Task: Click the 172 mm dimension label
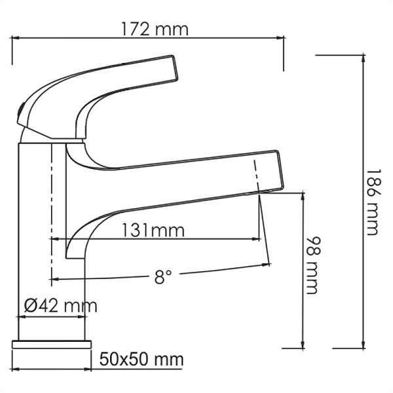pyautogui.click(x=155, y=29)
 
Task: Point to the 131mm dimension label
pyautogui.click(x=153, y=231)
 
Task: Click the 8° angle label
pyautogui.click(x=163, y=277)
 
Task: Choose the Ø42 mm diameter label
pyautogui.click(x=60, y=305)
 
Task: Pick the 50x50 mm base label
pyautogui.click(x=141, y=360)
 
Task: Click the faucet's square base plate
pyautogui.click(x=52, y=344)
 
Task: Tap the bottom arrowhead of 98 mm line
pyautogui.click(x=303, y=345)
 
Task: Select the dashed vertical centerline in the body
pyautogui.click(x=50, y=210)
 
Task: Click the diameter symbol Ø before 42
pyautogui.click(x=30, y=305)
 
